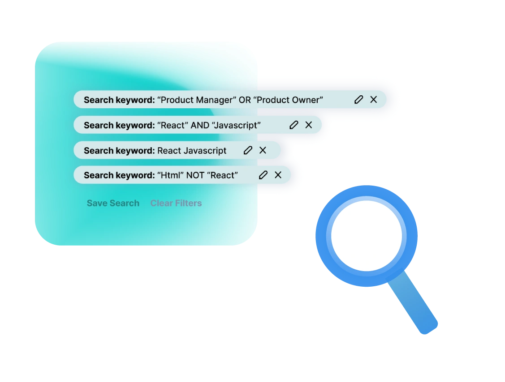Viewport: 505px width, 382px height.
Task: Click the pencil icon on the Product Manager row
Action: click(x=358, y=100)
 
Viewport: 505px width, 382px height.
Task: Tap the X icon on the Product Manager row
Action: click(x=374, y=100)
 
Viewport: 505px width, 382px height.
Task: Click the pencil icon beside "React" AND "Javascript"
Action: click(x=294, y=125)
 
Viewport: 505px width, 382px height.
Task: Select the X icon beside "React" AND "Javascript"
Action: click(x=309, y=125)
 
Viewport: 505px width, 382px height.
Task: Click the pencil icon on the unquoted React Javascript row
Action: click(x=248, y=150)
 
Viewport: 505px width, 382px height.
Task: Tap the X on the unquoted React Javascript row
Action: click(x=263, y=150)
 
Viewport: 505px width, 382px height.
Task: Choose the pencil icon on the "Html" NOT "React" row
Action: click(x=263, y=175)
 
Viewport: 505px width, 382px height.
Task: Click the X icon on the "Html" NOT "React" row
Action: click(x=278, y=175)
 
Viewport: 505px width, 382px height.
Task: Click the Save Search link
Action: click(x=113, y=203)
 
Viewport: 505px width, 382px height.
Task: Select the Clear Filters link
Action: click(x=176, y=203)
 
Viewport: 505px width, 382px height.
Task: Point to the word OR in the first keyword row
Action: click(x=245, y=100)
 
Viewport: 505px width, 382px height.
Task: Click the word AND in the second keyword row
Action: click(x=200, y=125)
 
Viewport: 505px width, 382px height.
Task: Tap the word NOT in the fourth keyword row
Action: click(x=195, y=175)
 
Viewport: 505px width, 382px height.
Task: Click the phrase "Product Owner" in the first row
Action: click(x=288, y=100)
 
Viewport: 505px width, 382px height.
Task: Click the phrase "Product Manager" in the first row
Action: click(x=197, y=100)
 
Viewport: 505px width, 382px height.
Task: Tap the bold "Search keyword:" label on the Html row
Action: click(x=119, y=175)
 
